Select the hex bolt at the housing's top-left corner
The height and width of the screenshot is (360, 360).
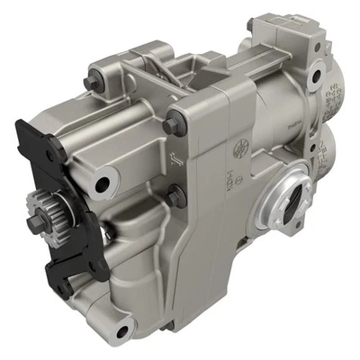click(90, 85)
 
